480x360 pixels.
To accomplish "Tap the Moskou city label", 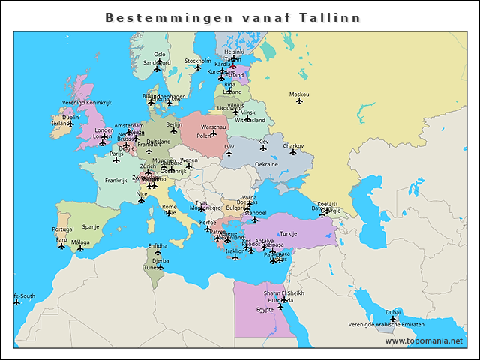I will click(x=298, y=94).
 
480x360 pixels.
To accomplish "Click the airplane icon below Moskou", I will click(x=299, y=101).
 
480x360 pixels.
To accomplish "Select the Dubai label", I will click(x=393, y=311).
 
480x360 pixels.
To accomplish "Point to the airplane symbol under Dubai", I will click(x=392, y=319).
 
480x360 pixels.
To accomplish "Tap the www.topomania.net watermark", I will click(x=424, y=340).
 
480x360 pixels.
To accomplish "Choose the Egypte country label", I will click(x=265, y=309).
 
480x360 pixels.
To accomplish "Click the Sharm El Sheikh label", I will click(x=283, y=292).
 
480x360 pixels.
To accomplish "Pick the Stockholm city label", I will click(x=198, y=61).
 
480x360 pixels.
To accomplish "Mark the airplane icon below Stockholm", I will click(x=198, y=67).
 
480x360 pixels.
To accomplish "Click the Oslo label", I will click(x=160, y=54).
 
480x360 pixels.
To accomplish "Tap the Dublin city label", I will click(x=70, y=117).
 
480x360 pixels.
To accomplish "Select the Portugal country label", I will click(x=62, y=229).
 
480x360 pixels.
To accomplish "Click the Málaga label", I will click(x=80, y=241).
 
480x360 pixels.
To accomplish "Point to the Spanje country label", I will click(x=91, y=226).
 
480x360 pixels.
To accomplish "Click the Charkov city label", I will click(x=293, y=145).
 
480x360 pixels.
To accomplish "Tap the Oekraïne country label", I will click(x=267, y=164).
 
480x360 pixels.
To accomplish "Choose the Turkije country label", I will click(x=289, y=233).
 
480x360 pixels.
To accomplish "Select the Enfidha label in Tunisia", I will click(x=157, y=245).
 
